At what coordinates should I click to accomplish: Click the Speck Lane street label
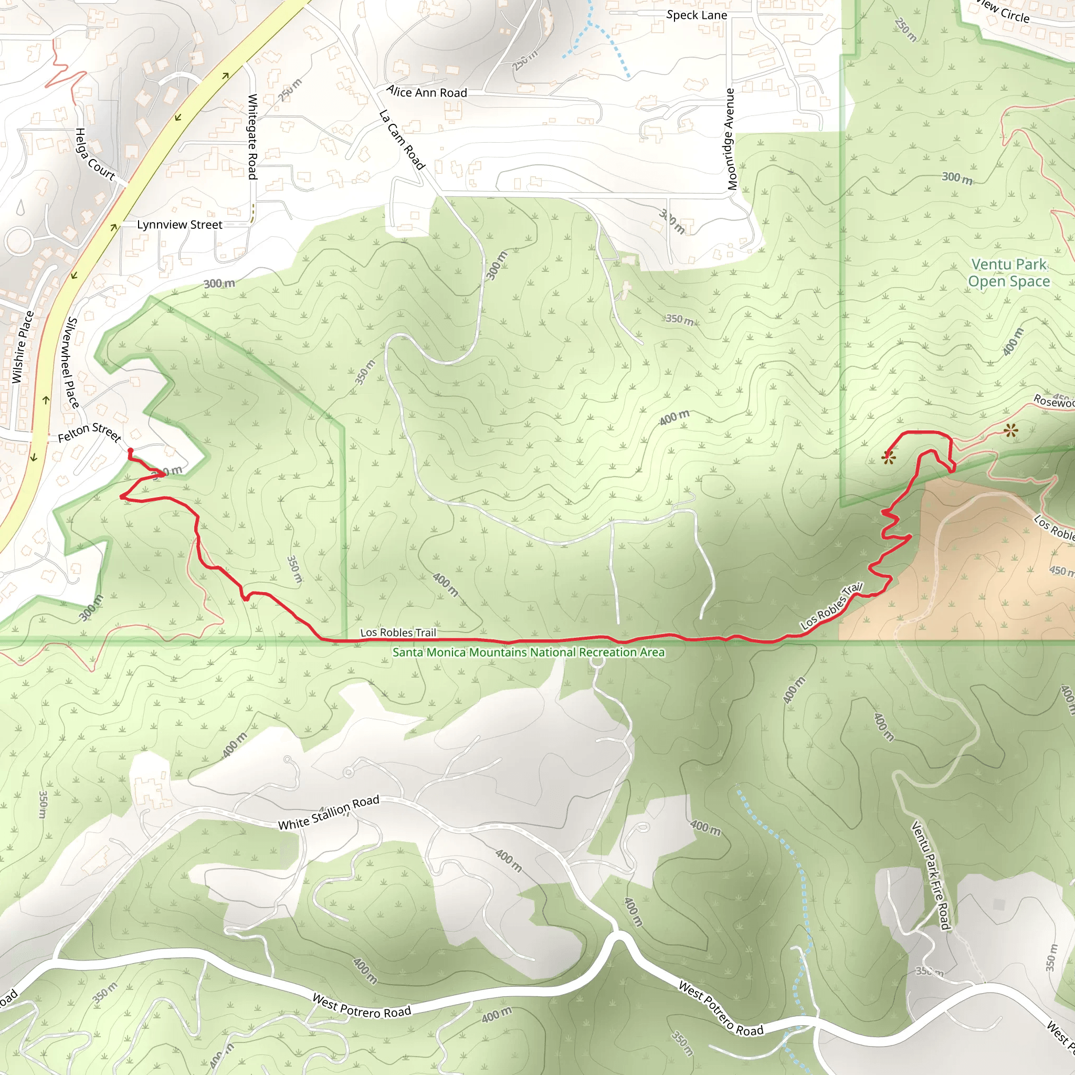(x=697, y=15)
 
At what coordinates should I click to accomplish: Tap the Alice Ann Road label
(x=427, y=92)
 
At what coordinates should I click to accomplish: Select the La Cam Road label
(x=402, y=140)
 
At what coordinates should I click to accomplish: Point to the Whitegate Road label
(x=252, y=136)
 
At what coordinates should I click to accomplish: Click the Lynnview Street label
(x=179, y=225)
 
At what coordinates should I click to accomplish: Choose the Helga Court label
(x=94, y=155)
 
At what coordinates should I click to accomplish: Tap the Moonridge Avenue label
(x=731, y=139)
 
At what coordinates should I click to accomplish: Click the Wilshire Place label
(x=23, y=347)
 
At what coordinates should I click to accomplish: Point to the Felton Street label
(x=90, y=433)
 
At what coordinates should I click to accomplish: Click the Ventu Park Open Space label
(x=1009, y=272)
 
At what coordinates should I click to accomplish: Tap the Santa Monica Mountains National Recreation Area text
(x=529, y=652)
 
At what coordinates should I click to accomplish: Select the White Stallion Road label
(x=328, y=813)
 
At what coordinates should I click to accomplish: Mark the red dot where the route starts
(x=130, y=451)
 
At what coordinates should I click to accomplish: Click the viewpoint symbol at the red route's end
(x=889, y=458)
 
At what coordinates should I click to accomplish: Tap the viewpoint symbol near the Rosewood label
(x=1011, y=430)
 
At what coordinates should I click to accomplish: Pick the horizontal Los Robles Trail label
(x=398, y=633)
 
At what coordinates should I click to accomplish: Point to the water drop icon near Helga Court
(x=20, y=207)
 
